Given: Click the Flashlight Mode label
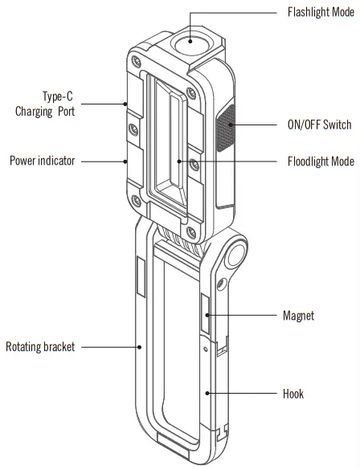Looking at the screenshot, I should pyautogui.click(x=320, y=13).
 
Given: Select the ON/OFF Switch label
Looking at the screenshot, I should pyautogui.click(x=320, y=125).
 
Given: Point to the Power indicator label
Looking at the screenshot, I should pyautogui.click(x=43, y=161).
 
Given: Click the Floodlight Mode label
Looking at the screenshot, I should pyautogui.click(x=320, y=161).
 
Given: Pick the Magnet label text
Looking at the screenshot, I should pyautogui.click(x=299, y=316).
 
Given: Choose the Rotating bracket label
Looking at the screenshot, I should pyautogui.click(x=40, y=347).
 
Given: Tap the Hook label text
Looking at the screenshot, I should pyautogui.click(x=293, y=394).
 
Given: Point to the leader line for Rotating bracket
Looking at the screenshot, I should pyautogui.click(x=109, y=347).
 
